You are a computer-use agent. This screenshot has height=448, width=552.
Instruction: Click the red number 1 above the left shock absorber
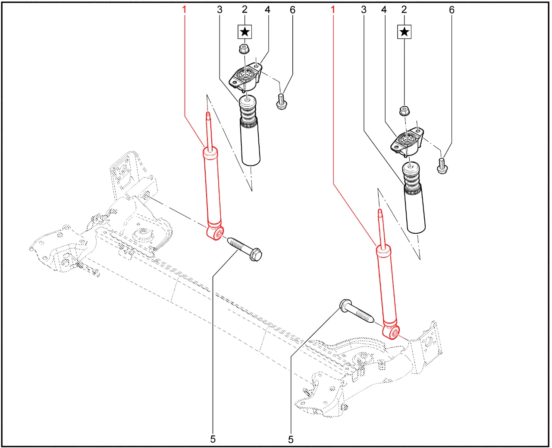tap(185, 9)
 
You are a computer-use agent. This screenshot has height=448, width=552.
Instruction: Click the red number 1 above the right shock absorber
tap(333, 9)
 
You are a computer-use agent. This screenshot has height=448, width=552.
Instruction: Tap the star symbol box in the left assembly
tap(245, 32)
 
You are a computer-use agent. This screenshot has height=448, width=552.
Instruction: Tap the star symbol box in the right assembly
tap(404, 32)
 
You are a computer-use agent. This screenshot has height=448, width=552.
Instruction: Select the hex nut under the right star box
tap(404, 111)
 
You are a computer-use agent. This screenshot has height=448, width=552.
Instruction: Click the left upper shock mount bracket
tap(246, 77)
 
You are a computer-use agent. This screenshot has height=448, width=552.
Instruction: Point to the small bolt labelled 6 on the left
tap(281, 102)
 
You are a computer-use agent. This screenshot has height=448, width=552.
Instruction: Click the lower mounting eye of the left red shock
tap(216, 234)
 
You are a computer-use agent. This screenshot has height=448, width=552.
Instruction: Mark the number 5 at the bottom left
tap(213, 439)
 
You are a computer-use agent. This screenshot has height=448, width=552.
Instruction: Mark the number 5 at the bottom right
tap(291, 439)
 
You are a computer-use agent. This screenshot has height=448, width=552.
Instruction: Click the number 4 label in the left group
tap(267, 10)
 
